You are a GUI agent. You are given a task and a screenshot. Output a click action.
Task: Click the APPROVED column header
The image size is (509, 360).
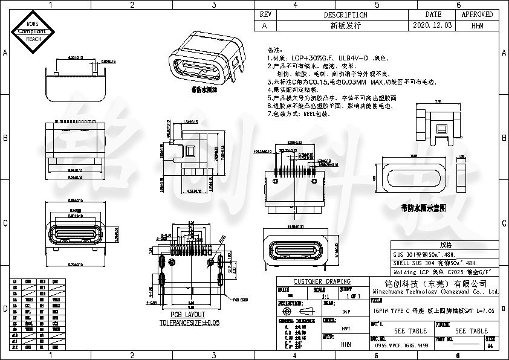tap(477, 14)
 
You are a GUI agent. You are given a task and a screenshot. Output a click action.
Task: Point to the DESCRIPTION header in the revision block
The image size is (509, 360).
tap(345, 14)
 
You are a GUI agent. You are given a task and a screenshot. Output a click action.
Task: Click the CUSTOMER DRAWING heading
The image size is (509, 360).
tap(322, 281)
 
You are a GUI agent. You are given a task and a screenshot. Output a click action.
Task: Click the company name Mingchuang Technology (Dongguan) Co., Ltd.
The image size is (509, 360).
tap(434, 292)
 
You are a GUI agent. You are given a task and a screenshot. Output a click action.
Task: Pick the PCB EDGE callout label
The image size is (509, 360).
tap(241, 299)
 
